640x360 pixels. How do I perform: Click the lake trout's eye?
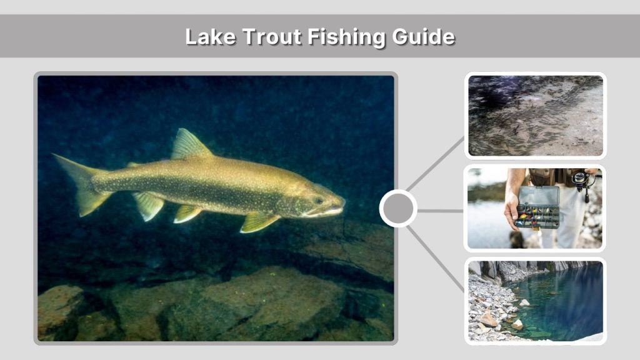point(320,201)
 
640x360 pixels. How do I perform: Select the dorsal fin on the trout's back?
point(189,146)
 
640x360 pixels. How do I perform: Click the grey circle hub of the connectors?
point(398,209)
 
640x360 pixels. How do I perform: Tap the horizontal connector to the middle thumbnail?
point(440,211)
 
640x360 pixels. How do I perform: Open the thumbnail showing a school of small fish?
point(536,116)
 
